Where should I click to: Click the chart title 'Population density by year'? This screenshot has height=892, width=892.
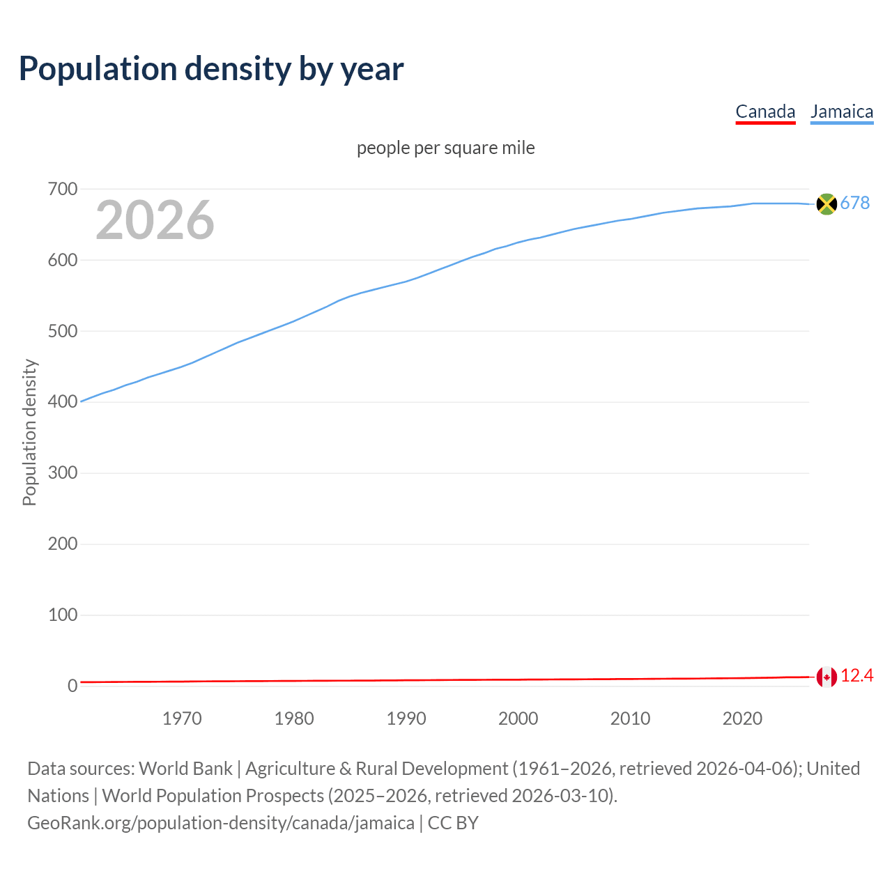click(x=211, y=69)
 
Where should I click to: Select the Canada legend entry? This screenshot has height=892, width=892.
click(x=765, y=111)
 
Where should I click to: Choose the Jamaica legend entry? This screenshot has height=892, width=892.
click(x=842, y=111)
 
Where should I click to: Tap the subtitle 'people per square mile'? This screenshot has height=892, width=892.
click(x=446, y=148)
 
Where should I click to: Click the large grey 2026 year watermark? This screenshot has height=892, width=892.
click(x=155, y=220)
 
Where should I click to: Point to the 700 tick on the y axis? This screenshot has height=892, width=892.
click(x=63, y=190)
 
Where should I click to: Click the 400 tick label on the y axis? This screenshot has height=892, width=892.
click(x=63, y=402)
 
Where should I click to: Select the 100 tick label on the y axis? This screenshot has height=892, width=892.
click(x=63, y=615)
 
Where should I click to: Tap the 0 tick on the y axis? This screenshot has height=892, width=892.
click(x=72, y=686)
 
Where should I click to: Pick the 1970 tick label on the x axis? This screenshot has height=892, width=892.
click(x=182, y=718)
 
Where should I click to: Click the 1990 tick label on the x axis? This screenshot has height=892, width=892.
click(x=406, y=718)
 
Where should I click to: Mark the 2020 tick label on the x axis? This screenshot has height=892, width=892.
click(x=742, y=718)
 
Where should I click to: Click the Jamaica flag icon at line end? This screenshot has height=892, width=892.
click(x=826, y=203)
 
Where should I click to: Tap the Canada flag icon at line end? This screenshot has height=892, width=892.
click(x=826, y=677)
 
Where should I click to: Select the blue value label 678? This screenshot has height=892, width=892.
click(x=855, y=203)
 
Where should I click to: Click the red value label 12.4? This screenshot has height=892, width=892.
click(x=857, y=676)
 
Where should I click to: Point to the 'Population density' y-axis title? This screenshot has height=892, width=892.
click(x=29, y=432)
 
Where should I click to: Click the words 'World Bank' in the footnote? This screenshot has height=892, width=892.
click(x=185, y=769)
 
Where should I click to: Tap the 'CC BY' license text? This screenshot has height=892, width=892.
click(x=453, y=823)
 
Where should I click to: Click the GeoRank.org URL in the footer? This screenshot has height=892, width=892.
click(x=221, y=823)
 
